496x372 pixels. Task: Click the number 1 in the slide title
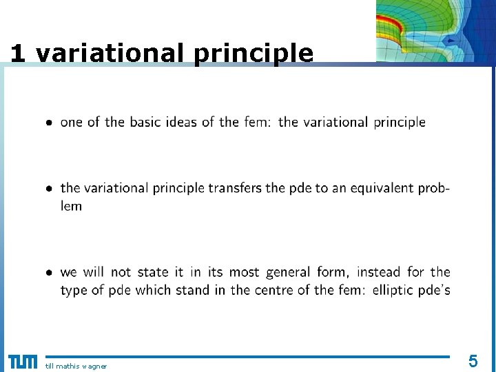click(x=17, y=54)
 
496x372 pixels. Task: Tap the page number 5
click(x=473, y=360)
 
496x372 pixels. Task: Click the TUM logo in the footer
click(x=23, y=362)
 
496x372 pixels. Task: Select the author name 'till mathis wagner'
click(x=76, y=366)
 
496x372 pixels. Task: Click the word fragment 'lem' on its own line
click(x=71, y=206)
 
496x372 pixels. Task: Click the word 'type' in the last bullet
click(x=74, y=291)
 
